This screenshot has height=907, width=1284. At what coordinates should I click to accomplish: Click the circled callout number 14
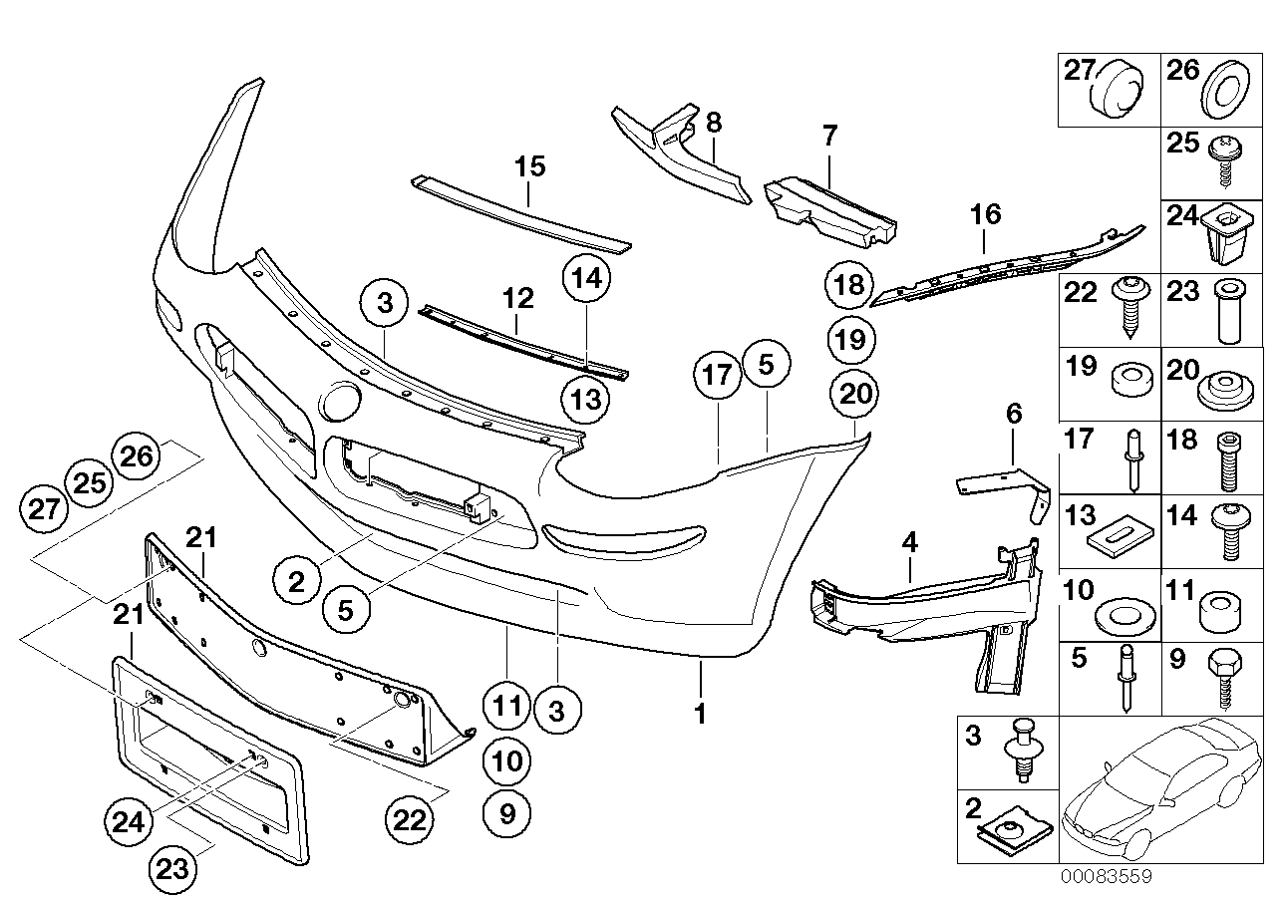587,280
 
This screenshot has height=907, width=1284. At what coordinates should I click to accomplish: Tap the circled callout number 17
719,377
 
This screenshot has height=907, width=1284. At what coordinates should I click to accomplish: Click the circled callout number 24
131,822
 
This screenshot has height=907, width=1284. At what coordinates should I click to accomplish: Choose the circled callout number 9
507,815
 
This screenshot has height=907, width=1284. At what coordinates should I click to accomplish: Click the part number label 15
530,166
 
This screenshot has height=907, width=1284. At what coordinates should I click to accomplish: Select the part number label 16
985,214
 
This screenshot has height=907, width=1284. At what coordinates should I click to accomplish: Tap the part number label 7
830,135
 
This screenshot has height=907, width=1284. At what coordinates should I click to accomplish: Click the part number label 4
908,544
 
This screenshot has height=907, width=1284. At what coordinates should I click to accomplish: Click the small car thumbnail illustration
1156,792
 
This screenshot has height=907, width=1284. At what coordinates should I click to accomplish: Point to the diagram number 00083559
1106,877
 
